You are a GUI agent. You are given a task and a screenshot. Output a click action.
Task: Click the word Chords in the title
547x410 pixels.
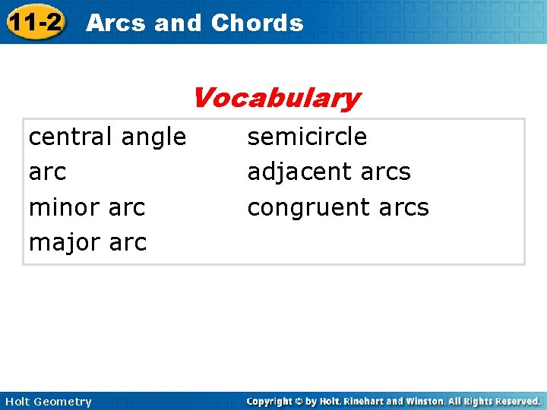point(257,23)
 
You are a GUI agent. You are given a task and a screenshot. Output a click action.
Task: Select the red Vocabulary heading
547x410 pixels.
point(276,97)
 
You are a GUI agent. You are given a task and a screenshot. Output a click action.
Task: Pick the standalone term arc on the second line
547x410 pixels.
point(47,172)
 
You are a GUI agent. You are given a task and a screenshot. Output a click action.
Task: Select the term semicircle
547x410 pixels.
point(307,137)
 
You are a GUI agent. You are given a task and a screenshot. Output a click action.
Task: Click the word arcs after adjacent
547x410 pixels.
point(385,172)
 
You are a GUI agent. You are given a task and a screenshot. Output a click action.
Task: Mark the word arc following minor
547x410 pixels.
point(128,207)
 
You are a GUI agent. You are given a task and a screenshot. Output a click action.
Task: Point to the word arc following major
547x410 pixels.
point(128,243)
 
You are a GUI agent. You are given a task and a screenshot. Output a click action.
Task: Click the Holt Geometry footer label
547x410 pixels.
point(47,402)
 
